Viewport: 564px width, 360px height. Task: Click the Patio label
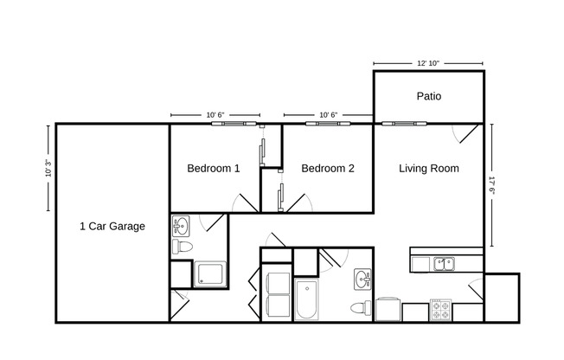pyautogui.click(x=428, y=96)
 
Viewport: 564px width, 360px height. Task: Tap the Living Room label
pyautogui.click(x=428, y=169)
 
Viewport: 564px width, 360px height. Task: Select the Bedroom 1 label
pyautogui.click(x=213, y=169)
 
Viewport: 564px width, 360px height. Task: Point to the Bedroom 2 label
pyautogui.click(x=327, y=169)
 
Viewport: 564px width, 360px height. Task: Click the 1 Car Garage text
pyautogui.click(x=112, y=227)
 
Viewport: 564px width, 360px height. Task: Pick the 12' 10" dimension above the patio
pyautogui.click(x=428, y=63)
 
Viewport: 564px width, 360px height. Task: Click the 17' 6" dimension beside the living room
pyautogui.click(x=492, y=186)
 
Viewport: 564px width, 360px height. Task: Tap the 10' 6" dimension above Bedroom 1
pyautogui.click(x=215, y=114)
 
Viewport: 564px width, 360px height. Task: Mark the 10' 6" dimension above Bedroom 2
pyautogui.click(x=328, y=114)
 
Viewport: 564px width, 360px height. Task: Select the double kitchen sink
pyautogui.click(x=445, y=264)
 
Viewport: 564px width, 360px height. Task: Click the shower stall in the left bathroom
pyautogui.click(x=210, y=274)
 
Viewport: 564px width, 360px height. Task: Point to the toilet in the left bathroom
pyautogui.click(x=182, y=247)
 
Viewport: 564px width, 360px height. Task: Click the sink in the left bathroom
pyautogui.click(x=181, y=226)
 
